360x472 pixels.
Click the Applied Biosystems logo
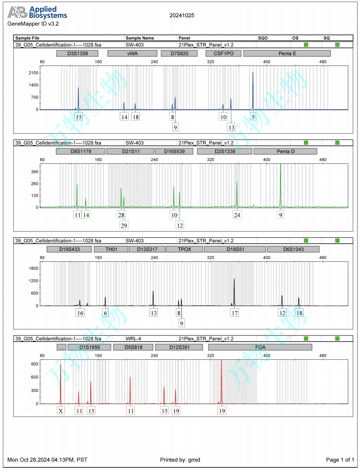coord(37,13)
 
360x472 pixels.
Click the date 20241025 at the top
coord(182,15)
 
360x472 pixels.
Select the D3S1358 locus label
coord(78,53)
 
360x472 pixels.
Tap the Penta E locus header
coord(287,53)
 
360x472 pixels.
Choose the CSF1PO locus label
coord(223,53)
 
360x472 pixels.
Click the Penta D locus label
coord(285,151)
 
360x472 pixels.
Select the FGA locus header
coord(260,347)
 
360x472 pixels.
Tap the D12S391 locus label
coord(179,347)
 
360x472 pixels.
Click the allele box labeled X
coord(61,411)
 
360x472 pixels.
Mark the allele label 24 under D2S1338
coord(237,215)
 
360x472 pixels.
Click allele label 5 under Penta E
coord(253,117)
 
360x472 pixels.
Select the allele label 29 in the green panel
coord(124,225)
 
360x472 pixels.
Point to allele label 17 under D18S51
coord(234,313)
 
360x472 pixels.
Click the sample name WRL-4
coord(133,338)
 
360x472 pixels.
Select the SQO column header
coord(263,38)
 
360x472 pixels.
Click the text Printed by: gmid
coord(180,460)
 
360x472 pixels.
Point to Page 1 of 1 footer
coord(340,460)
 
